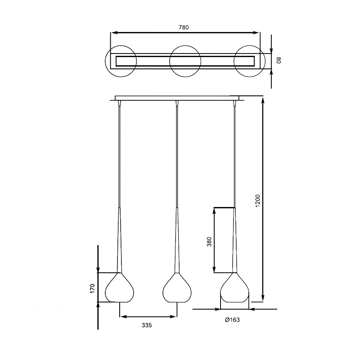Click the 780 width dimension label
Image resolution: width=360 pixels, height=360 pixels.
pyautogui.click(x=184, y=27)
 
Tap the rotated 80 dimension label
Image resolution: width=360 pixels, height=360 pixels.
pyautogui.click(x=278, y=60)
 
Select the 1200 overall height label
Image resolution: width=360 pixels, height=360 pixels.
pyautogui.click(x=257, y=201)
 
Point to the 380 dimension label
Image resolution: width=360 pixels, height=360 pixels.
pyautogui.click(x=209, y=242)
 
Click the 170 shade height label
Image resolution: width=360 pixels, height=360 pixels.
pyautogui.click(x=92, y=288)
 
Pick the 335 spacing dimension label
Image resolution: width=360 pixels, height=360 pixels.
pyautogui.click(x=147, y=325)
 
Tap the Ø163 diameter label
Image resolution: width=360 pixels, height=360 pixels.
pyautogui.click(x=232, y=319)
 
